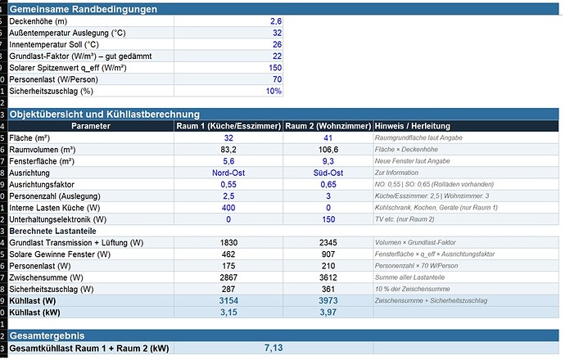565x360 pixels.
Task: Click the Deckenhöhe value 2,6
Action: click(276, 21)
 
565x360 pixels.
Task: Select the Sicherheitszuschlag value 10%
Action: click(273, 91)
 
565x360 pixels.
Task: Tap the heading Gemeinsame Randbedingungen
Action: click(84, 9)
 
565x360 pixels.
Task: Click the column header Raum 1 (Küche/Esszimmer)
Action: click(228, 126)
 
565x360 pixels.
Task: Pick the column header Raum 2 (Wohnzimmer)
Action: click(328, 126)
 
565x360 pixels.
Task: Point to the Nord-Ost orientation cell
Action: click(228, 173)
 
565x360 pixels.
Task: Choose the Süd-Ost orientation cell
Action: click(328, 173)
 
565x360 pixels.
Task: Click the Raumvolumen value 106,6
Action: click(328, 150)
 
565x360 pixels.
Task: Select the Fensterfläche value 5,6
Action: click(228, 161)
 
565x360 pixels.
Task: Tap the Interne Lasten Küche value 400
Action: click(228, 208)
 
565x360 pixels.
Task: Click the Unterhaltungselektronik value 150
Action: click(328, 219)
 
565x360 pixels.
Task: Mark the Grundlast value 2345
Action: click(328, 243)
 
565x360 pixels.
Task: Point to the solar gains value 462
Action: click(228, 254)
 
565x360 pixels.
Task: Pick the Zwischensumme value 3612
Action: click(328, 277)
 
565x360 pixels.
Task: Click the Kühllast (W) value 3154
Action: click(228, 300)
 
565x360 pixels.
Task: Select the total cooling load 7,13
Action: click(273, 348)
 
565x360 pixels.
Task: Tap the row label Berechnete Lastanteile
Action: click(52, 231)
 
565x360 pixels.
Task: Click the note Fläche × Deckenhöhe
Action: click(406, 150)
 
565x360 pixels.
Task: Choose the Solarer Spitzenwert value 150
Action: click(275, 68)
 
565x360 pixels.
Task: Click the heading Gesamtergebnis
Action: click(47, 335)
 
